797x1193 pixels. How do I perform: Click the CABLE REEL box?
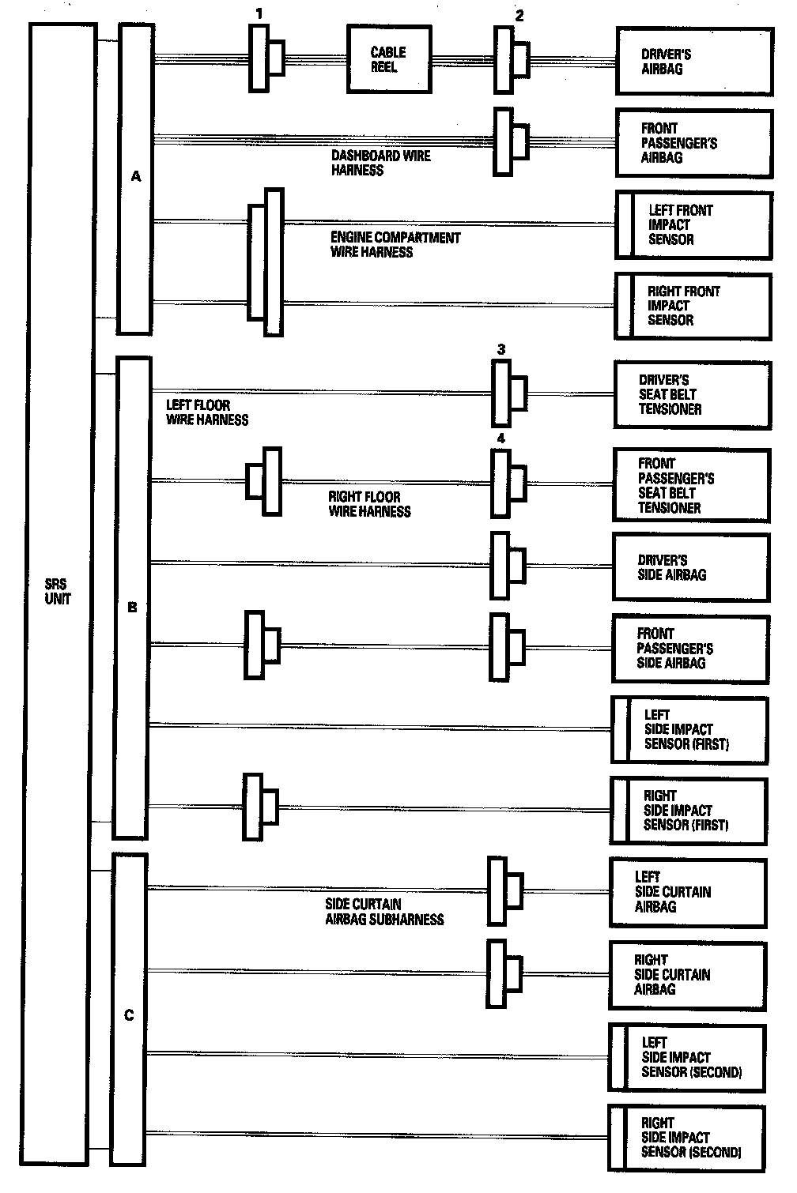click(389, 59)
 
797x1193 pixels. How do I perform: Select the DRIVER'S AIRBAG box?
click(693, 62)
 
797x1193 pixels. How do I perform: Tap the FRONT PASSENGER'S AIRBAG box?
click(693, 143)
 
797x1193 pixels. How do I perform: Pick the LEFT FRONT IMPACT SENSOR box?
click(693, 225)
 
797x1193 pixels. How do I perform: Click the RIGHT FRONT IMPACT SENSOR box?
click(693, 306)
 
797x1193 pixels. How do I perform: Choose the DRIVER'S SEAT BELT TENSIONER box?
click(692, 394)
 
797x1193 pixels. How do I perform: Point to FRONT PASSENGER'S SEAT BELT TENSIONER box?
click(690, 485)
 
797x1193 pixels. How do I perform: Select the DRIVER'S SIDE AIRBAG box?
click(690, 567)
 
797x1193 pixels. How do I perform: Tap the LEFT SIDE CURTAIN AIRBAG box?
click(687, 892)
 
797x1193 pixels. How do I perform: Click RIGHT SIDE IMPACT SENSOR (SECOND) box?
click(686, 1138)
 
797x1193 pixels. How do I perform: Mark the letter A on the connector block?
click(136, 176)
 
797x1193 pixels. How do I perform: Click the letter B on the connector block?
click(132, 608)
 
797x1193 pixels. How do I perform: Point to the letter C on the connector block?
click(130, 1015)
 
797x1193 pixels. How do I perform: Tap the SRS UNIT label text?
click(57, 592)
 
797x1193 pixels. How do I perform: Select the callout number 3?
click(501, 349)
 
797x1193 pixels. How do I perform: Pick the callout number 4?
click(500, 438)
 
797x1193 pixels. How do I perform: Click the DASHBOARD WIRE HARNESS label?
click(380, 163)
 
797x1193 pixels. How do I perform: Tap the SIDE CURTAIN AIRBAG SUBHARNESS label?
click(384, 912)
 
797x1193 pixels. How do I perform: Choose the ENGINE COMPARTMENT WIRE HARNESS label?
click(395, 245)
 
